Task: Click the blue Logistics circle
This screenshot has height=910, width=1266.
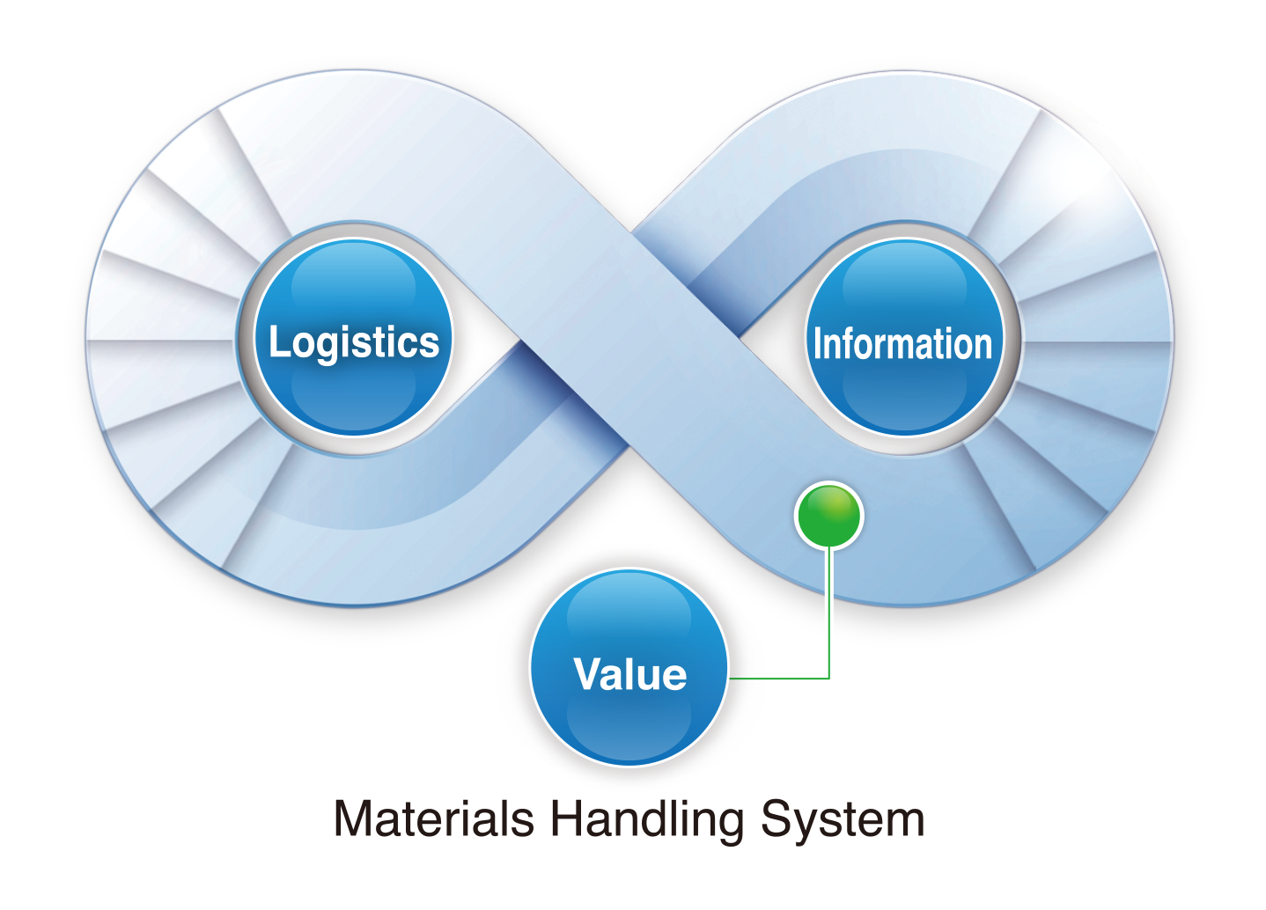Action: click(x=353, y=339)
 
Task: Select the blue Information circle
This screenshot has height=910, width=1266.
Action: click(x=904, y=339)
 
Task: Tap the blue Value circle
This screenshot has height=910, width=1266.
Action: click(x=629, y=669)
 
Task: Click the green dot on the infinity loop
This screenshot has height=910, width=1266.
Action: click(x=828, y=516)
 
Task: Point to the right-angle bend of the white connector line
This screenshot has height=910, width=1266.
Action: click(x=828, y=679)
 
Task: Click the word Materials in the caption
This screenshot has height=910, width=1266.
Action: click(x=434, y=819)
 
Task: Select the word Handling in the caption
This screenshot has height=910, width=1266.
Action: click(x=647, y=819)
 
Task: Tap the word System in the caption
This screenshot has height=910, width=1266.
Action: click(x=843, y=819)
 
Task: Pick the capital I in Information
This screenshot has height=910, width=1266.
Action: click(x=818, y=343)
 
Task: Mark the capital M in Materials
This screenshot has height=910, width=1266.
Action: click(x=355, y=819)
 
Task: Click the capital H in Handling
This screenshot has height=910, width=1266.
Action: click(x=568, y=819)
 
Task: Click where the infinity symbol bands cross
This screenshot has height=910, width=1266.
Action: click(x=629, y=339)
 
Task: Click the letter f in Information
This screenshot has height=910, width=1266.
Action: click(x=852, y=343)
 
